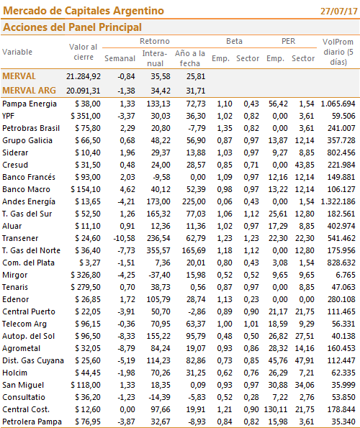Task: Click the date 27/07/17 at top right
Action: point(339,12)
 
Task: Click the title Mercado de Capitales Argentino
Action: point(84,11)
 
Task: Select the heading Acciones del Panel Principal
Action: point(72,27)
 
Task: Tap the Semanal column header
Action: point(120,58)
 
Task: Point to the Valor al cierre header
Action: point(84,52)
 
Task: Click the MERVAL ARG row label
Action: point(29,91)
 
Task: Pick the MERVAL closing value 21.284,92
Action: point(84,76)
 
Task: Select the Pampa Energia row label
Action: point(30,104)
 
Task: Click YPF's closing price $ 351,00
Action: point(86,116)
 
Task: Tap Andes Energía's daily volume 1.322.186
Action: point(338,201)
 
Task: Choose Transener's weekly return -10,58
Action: point(125,238)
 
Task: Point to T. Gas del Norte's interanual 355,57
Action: point(158,250)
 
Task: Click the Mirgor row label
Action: point(14,275)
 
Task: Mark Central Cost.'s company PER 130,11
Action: point(276,409)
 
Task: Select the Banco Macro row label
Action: point(26,189)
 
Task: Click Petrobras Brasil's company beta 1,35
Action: point(225,128)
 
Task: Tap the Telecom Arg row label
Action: point(24,324)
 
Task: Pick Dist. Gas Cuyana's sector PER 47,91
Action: point(305,360)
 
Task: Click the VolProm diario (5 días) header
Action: point(338,52)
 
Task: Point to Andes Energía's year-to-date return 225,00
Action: point(194,201)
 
